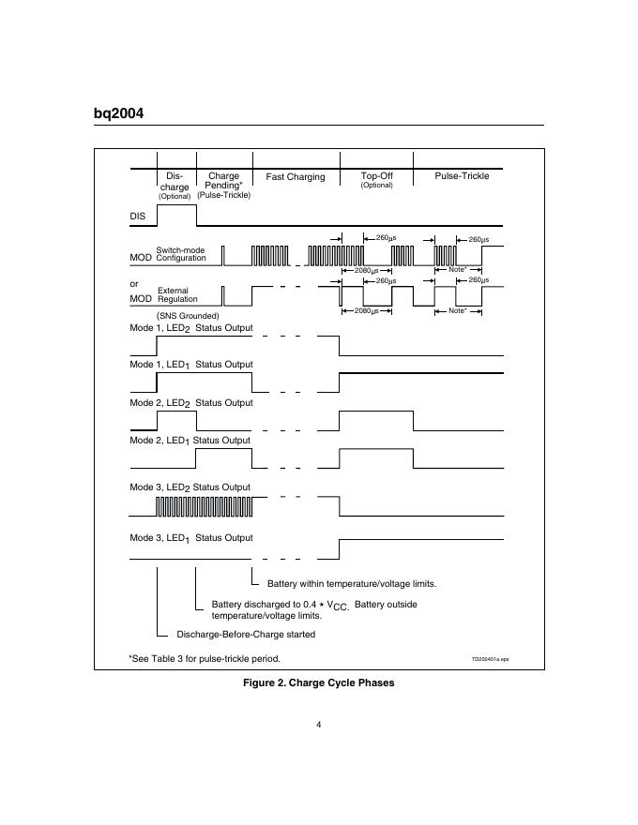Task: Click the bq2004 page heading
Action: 118,113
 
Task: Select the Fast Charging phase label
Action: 296,177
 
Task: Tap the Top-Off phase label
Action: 375,175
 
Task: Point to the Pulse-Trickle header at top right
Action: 462,175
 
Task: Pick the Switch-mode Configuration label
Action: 180,254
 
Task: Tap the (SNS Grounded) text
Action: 188,316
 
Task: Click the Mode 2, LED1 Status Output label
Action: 190,440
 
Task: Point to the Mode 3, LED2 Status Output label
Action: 190,487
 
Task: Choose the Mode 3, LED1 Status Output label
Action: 190,538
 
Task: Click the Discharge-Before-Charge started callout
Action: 246,634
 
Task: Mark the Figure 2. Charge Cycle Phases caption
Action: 319,682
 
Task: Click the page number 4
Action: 319,723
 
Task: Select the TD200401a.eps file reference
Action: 490,659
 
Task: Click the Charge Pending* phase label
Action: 223,180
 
